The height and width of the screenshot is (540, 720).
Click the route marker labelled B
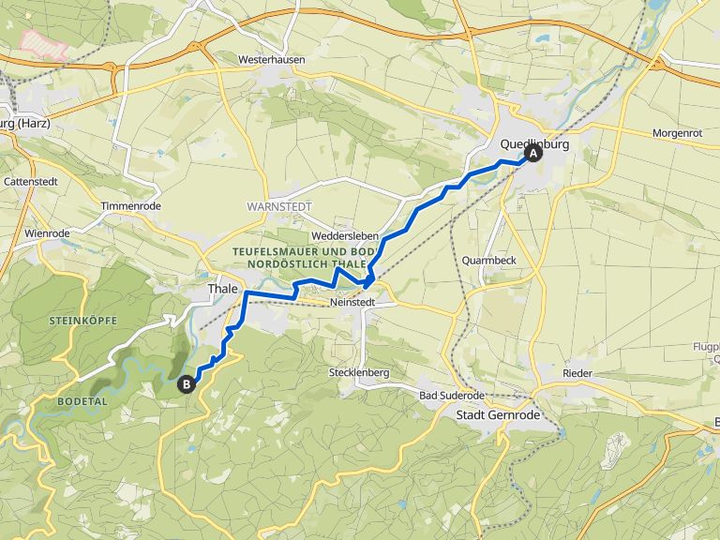[187, 382]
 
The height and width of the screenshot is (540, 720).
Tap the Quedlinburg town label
[534, 143]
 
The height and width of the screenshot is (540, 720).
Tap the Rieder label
[577, 373]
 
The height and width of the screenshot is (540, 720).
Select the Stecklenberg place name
[359, 372]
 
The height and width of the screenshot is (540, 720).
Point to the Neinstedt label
[352, 304]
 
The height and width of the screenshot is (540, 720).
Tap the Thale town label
[222, 289]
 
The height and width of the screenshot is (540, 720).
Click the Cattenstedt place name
[30, 180]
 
